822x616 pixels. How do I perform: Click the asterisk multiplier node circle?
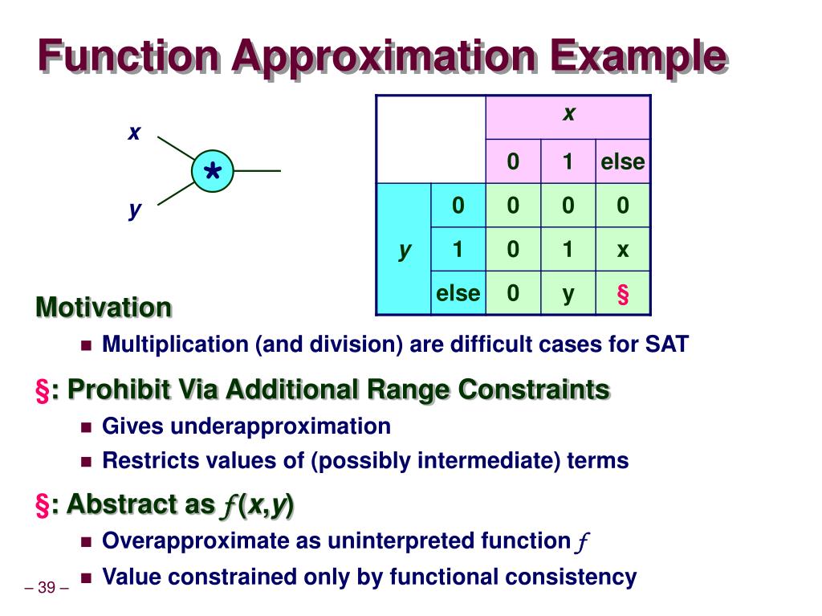213,171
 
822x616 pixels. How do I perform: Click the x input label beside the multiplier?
134,133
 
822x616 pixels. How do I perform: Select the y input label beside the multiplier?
134,210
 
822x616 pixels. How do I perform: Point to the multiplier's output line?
257,171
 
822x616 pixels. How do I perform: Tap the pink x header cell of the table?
568,116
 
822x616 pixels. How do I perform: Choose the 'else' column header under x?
623,161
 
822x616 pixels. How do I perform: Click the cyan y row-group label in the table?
405,250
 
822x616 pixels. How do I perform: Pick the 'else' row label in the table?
458,293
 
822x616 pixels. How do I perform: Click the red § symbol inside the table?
623,294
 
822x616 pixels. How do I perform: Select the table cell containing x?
623,250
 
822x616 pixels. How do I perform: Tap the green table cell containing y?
568,294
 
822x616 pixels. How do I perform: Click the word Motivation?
104,307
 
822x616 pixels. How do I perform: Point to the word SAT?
666,345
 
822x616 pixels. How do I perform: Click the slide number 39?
47,588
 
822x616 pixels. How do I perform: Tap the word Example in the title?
637,58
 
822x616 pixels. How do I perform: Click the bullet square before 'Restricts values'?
87,462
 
